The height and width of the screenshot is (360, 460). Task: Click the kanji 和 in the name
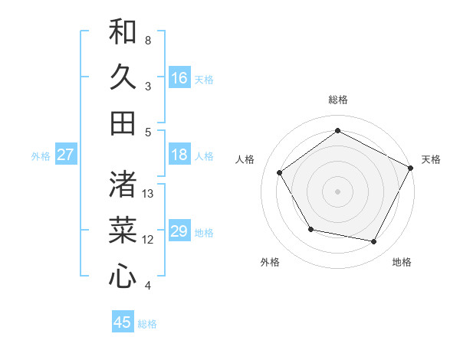[x=123, y=32]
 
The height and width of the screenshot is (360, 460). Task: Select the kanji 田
[x=123, y=123]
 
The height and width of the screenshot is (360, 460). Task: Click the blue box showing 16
[x=179, y=78]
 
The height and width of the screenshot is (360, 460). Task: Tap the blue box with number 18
[x=179, y=155]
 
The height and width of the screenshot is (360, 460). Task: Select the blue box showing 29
[x=179, y=231]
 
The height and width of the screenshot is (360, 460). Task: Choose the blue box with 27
[x=66, y=155]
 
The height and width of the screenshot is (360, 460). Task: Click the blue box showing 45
[x=123, y=322]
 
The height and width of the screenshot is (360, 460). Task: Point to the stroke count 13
[x=149, y=194]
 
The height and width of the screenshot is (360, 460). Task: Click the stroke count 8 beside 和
[x=148, y=40]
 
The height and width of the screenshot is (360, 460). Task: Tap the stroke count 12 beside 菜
[x=149, y=240]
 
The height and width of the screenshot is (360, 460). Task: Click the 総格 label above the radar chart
[x=337, y=100]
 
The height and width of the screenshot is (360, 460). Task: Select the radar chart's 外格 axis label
[x=270, y=263]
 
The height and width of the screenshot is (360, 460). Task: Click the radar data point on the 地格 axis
[x=374, y=242]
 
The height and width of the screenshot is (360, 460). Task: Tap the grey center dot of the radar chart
[x=337, y=191]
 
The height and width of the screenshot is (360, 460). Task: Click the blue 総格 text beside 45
[x=147, y=324]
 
